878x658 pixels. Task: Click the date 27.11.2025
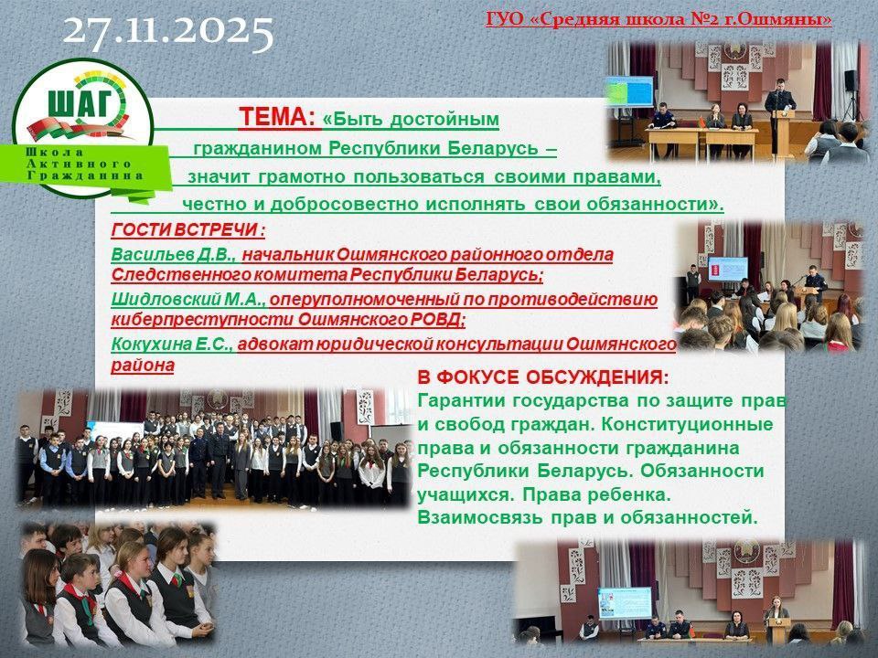pyautogui.click(x=168, y=31)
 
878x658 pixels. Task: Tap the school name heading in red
pyautogui.click(x=658, y=19)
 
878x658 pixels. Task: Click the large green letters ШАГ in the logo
pyautogui.click(x=80, y=104)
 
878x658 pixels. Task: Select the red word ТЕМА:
pyautogui.click(x=278, y=118)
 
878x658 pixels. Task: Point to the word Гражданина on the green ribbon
pyautogui.click(x=85, y=175)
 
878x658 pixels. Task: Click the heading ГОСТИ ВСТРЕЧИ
pyautogui.click(x=188, y=230)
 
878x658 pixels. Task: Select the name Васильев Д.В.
pyautogui.click(x=174, y=255)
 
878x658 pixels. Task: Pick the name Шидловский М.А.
pyautogui.click(x=188, y=300)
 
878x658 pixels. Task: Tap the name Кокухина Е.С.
pyautogui.click(x=172, y=344)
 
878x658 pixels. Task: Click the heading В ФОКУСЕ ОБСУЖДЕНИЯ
pyautogui.click(x=542, y=377)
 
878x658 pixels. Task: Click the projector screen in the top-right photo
pyautogui.click(x=630, y=91)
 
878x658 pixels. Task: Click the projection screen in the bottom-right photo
pyautogui.click(x=625, y=602)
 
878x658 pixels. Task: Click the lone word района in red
pyautogui.click(x=143, y=366)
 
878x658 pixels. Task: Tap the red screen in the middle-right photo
pyautogui.click(x=727, y=269)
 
